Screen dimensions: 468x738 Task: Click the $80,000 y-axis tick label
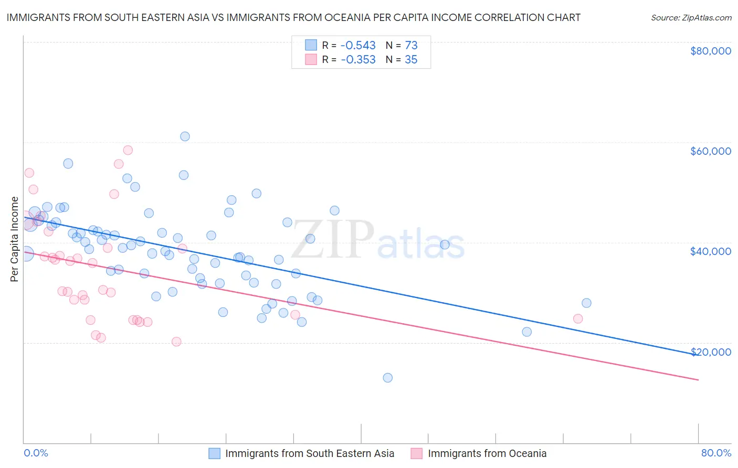click(x=710, y=51)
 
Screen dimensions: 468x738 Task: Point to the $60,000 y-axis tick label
click(x=710, y=151)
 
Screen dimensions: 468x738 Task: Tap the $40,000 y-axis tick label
click(x=710, y=251)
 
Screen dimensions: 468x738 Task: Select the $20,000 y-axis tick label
click(x=710, y=352)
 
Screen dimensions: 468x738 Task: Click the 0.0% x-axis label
click(x=36, y=453)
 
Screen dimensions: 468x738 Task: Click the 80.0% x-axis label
click(x=716, y=453)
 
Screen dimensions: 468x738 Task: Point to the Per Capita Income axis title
click(x=15, y=239)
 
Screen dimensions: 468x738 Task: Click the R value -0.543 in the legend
click(x=358, y=45)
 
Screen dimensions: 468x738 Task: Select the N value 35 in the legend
click(x=411, y=60)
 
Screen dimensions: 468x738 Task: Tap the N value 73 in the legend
click(x=411, y=45)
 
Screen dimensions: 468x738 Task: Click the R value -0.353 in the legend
click(x=358, y=60)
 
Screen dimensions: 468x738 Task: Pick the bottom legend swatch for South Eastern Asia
click(x=214, y=453)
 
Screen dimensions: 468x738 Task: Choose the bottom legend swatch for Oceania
click(x=417, y=453)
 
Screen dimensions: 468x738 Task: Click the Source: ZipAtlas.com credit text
click(x=691, y=18)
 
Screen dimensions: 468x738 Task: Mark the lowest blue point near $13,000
click(x=388, y=378)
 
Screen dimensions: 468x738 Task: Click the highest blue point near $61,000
click(x=185, y=136)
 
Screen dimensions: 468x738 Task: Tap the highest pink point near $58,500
click(x=128, y=150)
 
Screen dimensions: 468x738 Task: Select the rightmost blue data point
click(x=586, y=303)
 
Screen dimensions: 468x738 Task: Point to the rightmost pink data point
click(x=578, y=318)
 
